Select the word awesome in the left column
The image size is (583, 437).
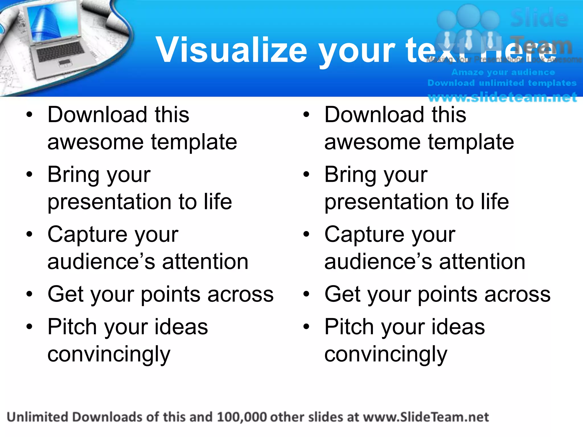click(x=95, y=142)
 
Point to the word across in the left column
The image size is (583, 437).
click(x=241, y=294)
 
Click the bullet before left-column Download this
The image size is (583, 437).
click(x=29, y=115)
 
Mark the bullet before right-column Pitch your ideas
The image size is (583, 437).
click(x=306, y=327)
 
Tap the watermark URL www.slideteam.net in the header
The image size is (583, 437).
click(x=502, y=97)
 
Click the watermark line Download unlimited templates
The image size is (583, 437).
click(x=502, y=83)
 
